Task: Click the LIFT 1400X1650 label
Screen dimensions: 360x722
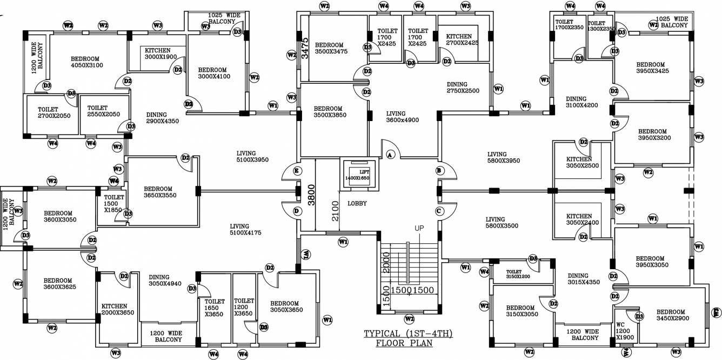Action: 357,174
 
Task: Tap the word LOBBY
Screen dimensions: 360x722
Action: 357,204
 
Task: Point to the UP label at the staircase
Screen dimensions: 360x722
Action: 420,228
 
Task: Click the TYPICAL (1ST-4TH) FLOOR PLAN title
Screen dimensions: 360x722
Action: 408,338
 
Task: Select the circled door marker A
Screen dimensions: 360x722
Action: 389,155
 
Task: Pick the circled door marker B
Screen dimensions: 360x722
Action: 439,171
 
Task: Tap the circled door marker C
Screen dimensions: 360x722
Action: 439,210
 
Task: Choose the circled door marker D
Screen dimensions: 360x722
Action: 297,210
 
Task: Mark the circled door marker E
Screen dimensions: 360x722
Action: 297,171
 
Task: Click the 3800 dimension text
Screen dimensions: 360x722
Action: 311,196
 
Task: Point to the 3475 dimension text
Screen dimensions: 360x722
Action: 305,48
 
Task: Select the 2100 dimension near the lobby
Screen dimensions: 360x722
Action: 336,211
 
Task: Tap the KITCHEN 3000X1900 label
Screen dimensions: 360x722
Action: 161,54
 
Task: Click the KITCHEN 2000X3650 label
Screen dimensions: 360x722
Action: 114,309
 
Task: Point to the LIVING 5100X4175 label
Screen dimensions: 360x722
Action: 246,230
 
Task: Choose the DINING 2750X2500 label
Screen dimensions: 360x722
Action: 463,88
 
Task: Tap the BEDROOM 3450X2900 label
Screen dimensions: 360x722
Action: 671,315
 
